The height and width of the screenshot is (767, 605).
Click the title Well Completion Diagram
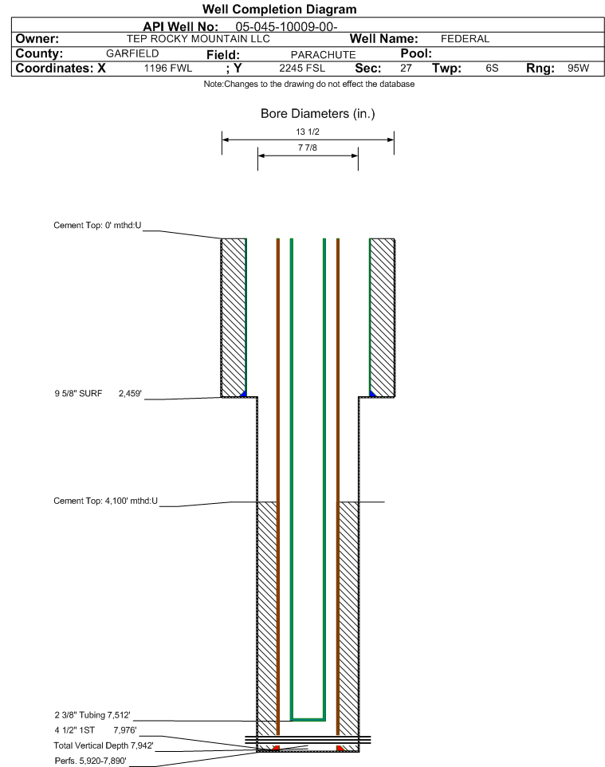point(279,10)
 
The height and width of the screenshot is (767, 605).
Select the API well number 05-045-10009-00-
point(287,26)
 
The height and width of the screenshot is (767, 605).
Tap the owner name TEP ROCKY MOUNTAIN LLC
point(198,38)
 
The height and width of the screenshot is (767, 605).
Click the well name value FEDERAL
point(465,38)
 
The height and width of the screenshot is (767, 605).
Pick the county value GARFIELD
point(132,53)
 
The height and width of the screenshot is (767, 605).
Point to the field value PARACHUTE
point(324,54)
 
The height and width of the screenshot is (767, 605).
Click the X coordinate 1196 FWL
point(167,68)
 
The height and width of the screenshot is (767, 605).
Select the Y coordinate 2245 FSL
point(302,68)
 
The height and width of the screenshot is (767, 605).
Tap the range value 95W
point(578,68)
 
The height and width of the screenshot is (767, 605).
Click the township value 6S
point(492,68)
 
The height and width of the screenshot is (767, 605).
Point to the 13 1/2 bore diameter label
point(308,132)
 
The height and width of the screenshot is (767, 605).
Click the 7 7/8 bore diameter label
point(308,147)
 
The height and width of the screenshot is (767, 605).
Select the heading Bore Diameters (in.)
point(317,113)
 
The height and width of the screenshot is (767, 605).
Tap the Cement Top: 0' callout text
point(97,225)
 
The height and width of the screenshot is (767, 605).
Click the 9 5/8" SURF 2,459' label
point(98,393)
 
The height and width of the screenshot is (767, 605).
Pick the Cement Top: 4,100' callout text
point(106,501)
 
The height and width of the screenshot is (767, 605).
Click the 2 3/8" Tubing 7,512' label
point(92,715)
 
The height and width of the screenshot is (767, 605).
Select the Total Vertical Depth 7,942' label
point(104,745)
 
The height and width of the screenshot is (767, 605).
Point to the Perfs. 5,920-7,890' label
point(91,761)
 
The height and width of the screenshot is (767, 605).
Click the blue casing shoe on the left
point(244,394)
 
